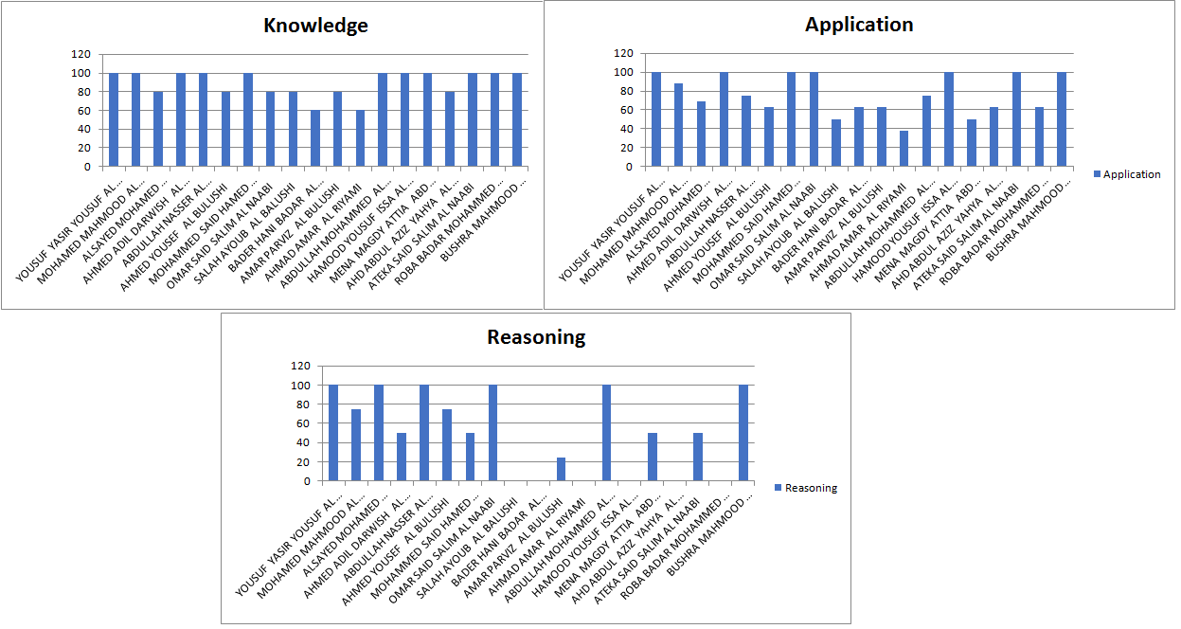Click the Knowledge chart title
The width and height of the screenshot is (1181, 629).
point(315,26)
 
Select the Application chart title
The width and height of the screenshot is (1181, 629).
point(859,25)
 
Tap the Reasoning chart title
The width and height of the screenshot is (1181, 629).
point(536,337)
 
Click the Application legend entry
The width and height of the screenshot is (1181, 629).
point(1131,174)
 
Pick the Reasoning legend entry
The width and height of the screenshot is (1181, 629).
point(805,488)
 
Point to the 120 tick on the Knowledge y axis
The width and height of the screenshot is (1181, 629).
point(81,54)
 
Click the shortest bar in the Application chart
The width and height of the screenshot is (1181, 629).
point(904,149)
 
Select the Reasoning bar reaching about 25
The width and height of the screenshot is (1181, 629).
point(562,469)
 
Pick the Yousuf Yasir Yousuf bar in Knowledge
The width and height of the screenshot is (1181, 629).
point(114,119)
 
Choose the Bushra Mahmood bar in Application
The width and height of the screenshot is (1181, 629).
point(1062,119)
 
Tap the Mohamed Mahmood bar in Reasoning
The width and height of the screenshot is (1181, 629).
point(356,445)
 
